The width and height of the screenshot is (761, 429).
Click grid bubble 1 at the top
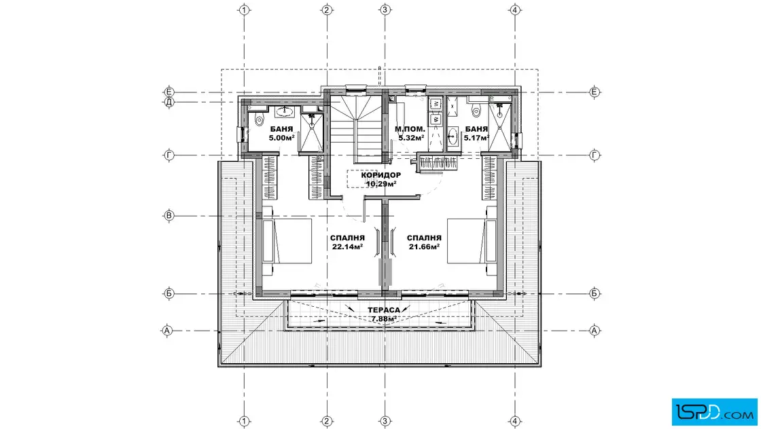244,10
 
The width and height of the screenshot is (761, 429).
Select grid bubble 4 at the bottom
515,421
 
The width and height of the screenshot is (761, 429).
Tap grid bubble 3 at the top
385,10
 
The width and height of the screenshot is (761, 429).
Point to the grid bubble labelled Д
169,102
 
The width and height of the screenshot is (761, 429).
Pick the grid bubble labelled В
169,216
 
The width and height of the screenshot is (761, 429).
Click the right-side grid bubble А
595,331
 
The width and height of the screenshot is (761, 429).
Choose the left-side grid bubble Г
169,155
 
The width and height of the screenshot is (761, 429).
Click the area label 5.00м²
281,138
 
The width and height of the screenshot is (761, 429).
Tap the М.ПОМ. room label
410,130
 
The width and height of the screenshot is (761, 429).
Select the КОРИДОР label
381,175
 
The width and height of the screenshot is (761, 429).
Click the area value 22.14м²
347,246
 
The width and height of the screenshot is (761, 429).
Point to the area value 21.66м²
424,246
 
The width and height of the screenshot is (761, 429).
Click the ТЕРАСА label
384,310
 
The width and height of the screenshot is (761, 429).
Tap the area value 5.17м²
476,138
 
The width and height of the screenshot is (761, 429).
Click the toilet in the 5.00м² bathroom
259,119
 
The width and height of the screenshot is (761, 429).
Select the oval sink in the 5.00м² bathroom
284,112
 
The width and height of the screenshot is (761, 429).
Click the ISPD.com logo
714,412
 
